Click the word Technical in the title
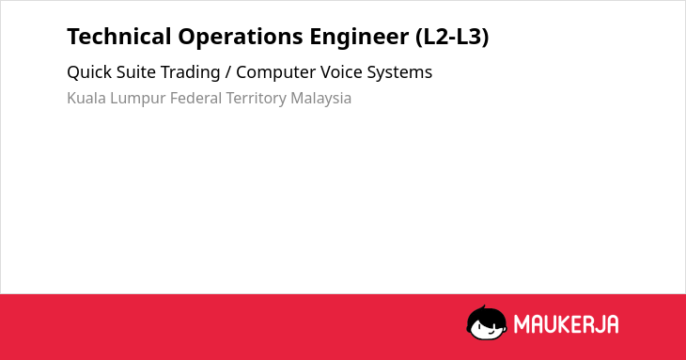[x=119, y=37]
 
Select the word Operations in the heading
[x=241, y=38]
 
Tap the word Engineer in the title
[x=359, y=38]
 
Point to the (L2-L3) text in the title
[x=452, y=38]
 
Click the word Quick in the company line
[x=89, y=72]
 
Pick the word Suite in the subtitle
[x=136, y=72]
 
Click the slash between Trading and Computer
[x=228, y=72]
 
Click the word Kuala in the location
[x=86, y=98]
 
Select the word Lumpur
[x=138, y=99]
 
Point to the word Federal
[x=195, y=98]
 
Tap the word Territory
[x=256, y=99]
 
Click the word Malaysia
[x=321, y=99]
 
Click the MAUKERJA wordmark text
[x=566, y=324]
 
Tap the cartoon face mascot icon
[x=487, y=322]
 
